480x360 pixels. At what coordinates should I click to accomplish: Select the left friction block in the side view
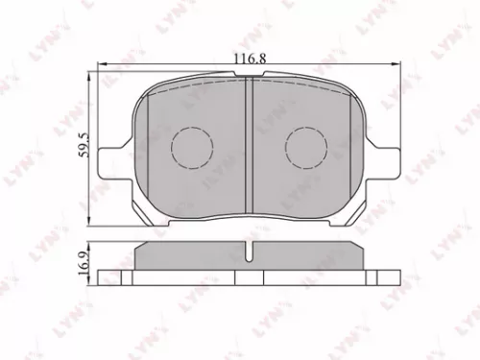click(x=190, y=256)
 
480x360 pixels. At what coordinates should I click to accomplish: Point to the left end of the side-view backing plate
click(x=108, y=276)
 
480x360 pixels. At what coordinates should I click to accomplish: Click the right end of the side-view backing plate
click(x=388, y=276)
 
